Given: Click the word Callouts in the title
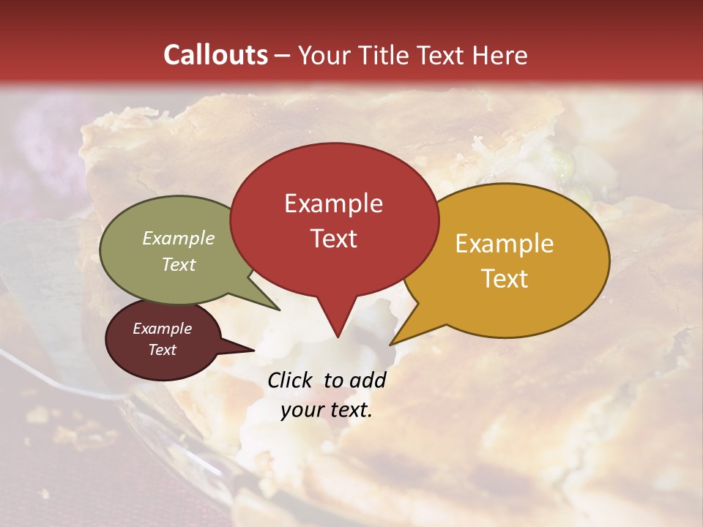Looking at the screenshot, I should pyautogui.click(x=215, y=55).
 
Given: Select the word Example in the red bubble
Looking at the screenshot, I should pyautogui.click(x=333, y=203).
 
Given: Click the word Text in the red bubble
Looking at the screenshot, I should pyautogui.click(x=333, y=239).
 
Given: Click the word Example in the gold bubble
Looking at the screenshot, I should pyautogui.click(x=505, y=244).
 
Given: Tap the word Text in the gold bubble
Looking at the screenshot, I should pyautogui.click(x=505, y=279).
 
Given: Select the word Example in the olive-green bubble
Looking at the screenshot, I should pyautogui.click(x=179, y=238).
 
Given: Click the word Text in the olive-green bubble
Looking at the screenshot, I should pyautogui.click(x=179, y=264).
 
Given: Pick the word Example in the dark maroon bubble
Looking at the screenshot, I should pyautogui.click(x=162, y=329).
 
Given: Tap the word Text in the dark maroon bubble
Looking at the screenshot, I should pyautogui.click(x=162, y=350).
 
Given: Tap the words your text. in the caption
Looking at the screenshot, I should pyautogui.click(x=327, y=410).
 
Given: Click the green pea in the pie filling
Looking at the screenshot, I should pyautogui.click(x=563, y=159).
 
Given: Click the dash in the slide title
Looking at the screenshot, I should pyautogui.click(x=283, y=56).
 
